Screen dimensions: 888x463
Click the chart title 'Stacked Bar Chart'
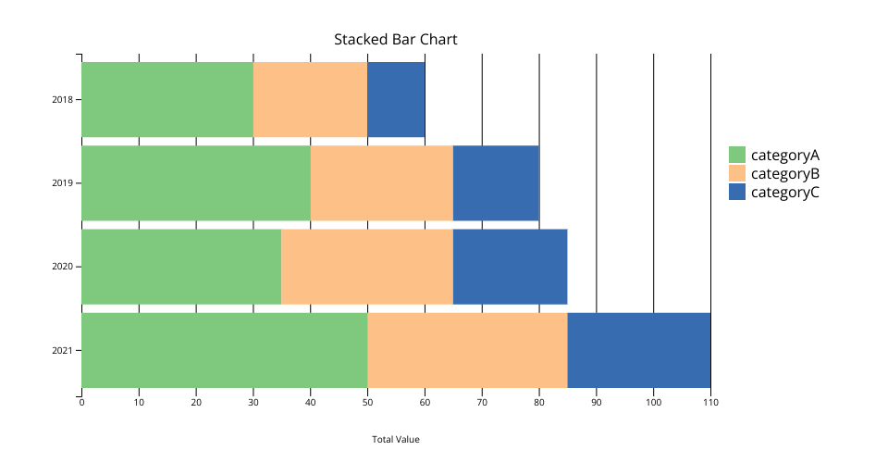395,40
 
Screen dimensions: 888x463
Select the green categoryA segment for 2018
167,99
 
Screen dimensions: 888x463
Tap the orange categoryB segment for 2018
311,99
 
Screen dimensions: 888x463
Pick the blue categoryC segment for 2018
396,99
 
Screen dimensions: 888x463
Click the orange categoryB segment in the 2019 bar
382,183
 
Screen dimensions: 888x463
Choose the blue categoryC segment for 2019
496,183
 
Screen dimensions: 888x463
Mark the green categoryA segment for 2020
182,267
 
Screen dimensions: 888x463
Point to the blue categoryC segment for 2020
511,267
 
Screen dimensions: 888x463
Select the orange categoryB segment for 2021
467,350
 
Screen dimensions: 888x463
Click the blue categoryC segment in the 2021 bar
639,350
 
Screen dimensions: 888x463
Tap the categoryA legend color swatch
737,155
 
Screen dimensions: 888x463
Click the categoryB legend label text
785,173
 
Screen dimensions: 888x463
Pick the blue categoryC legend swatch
737,192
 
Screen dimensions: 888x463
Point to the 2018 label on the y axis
62,100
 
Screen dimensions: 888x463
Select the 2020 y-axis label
62,267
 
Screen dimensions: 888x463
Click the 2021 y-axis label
62,351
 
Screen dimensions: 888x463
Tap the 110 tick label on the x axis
710,403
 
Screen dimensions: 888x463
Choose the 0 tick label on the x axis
82,403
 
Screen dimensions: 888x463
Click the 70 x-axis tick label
482,403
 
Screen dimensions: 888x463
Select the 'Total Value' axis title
395,439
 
